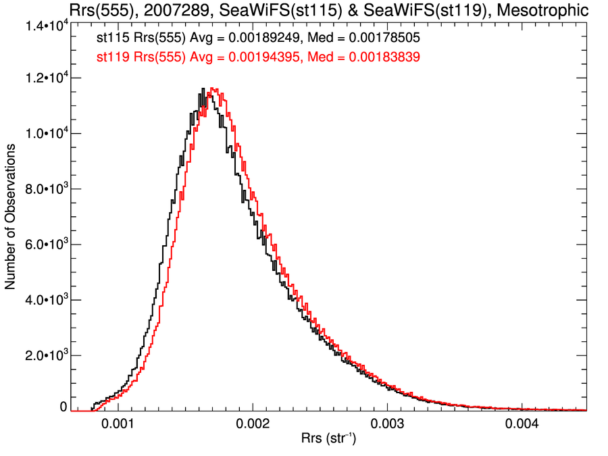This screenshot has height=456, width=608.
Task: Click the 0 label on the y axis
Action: (x=64, y=407)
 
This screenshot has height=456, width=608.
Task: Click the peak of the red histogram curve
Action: (x=212, y=88)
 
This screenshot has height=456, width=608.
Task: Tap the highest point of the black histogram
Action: (x=203, y=88)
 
